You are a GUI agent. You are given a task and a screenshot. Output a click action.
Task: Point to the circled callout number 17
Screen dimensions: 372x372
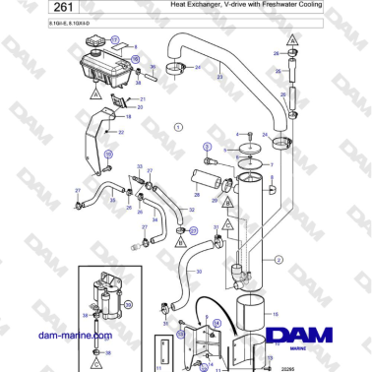click(114, 40)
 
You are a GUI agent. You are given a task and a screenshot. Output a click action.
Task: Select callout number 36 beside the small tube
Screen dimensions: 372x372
click(151, 68)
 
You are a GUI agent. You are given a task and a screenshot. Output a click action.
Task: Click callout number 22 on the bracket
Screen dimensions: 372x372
click(120, 132)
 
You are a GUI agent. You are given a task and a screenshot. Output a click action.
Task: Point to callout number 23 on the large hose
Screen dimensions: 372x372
click(218, 77)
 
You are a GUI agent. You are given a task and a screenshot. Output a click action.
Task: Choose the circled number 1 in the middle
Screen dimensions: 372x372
click(178, 127)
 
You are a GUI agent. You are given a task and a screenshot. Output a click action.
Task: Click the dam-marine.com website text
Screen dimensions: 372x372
click(75, 336)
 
